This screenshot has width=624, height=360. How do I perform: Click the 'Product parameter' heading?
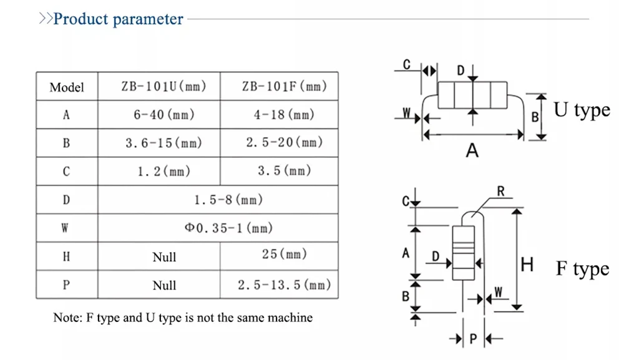(118, 19)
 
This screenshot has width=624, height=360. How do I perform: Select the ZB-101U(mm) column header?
(164, 86)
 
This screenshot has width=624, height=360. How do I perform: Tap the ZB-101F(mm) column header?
(285, 86)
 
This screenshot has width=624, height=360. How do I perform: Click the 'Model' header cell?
(67, 87)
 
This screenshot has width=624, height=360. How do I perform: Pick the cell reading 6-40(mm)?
(164, 115)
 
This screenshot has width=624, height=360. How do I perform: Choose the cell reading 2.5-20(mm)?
(285, 142)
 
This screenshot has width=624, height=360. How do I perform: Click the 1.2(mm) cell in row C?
(164, 171)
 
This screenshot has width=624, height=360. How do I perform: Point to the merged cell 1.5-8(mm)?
(228, 199)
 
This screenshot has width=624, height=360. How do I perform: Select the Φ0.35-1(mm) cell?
(228, 228)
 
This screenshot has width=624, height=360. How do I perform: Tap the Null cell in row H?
(164, 257)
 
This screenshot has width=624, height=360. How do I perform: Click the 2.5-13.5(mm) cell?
(285, 285)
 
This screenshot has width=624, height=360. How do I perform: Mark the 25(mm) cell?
(285, 254)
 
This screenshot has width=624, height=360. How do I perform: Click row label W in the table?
(65, 228)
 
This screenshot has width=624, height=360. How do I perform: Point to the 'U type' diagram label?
(582, 110)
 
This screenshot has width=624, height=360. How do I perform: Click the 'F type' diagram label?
(583, 268)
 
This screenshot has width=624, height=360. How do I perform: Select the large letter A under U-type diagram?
(472, 150)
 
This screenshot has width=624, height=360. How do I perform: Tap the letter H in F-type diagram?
(527, 265)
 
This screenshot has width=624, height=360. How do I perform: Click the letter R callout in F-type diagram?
(500, 192)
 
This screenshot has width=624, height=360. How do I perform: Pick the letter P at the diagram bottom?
(473, 339)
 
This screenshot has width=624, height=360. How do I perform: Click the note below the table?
(183, 318)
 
